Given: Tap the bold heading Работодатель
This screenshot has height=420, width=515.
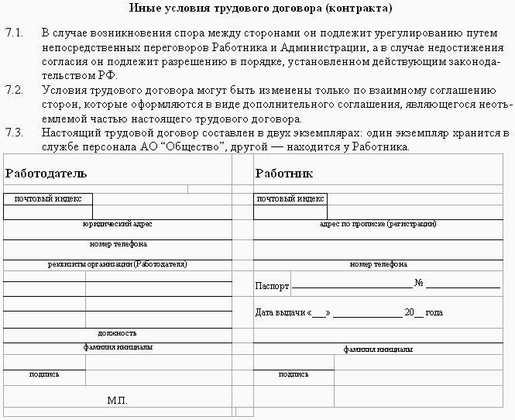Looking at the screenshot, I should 46,173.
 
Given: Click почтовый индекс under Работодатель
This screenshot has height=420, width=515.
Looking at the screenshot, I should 48,199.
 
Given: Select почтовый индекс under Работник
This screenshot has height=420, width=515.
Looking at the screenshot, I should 290,199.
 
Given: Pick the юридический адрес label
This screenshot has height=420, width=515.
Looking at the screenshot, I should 117,224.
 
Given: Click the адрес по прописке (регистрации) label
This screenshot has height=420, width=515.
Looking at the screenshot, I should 378,224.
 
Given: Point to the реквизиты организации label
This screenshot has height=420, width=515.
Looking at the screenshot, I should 117,264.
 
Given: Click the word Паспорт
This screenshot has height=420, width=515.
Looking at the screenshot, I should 272,286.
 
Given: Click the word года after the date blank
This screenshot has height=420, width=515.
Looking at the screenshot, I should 434,313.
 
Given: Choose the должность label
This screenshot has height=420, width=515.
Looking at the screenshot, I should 117,332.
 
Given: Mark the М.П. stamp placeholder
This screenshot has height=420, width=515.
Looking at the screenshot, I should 117,401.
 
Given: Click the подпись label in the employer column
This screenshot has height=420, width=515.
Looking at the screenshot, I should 44,374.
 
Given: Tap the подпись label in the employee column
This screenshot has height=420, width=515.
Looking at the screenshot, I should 294,374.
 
